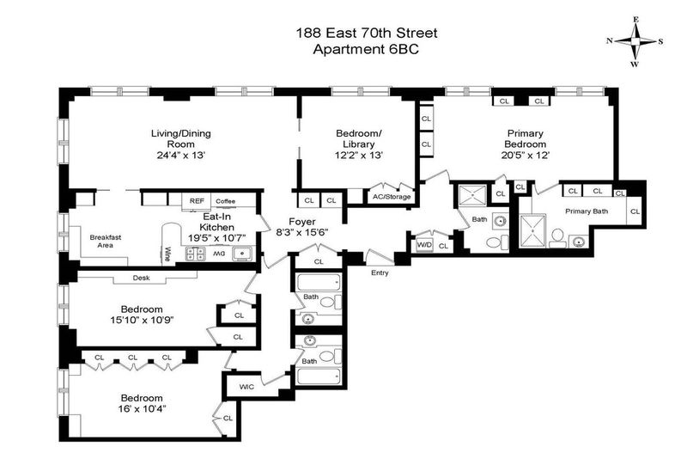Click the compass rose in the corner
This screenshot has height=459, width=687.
pyautogui.click(x=635, y=41)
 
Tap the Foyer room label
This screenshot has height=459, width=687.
pyautogui.click(x=302, y=222)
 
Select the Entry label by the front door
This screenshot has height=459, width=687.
pyautogui.click(x=380, y=272)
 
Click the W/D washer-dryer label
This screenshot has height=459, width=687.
pyautogui.click(x=424, y=245)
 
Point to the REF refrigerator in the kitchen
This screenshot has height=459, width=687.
pyautogui.click(x=197, y=201)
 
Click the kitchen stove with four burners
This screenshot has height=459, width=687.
pyautogui.click(x=195, y=254)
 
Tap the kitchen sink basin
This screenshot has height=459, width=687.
pyautogui.click(x=242, y=254)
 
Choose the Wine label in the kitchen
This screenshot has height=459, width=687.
pyautogui.click(x=167, y=254)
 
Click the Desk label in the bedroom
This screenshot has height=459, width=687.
pyautogui.click(x=141, y=278)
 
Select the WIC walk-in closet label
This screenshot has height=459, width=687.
pyautogui.click(x=246, y=387)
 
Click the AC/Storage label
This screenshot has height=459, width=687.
pyautogui.click(x=392, y=197)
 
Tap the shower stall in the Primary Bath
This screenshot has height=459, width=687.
pyautogui.click(x=532, y=230)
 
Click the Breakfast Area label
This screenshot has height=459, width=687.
pyautogui.click(x=105, y=242)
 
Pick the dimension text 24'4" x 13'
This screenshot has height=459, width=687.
pyautogui.click(x=181, y=155)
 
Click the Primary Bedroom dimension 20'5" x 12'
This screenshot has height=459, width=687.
pyautogui.click(x=526, y=155)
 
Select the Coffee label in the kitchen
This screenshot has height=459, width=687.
pyautogui.click(x=226, y=201)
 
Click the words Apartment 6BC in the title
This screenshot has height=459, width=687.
pyautogui.click(x=366, y=49)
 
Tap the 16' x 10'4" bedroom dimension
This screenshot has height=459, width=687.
pyautogui.click(x=142, y=409)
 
